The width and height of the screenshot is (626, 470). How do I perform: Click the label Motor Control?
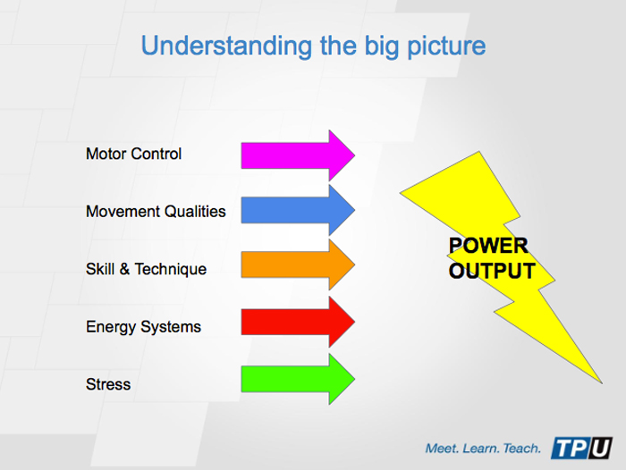pyautogui.click(x=133, y=154)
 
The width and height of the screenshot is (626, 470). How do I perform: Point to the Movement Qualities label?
pyautogui.click(x=156, y=212)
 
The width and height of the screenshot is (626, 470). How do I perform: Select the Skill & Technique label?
pyautogui.click(x=146, y=269)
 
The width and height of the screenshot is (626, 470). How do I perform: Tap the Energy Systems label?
pyautogui.click(x=143, y=327)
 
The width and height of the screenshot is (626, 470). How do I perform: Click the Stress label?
pyautogui.click(x=108, y=384)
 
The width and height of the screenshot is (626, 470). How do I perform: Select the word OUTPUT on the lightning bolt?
pyautogui.click(x=492, y=271)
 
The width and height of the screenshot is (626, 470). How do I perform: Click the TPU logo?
pyautogui.click(x=581, y=446)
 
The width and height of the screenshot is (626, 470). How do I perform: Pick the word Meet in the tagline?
pyautogui.click(x=443, y=447)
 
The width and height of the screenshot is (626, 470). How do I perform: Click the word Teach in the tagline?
pyautogui.click(x=520, y=447)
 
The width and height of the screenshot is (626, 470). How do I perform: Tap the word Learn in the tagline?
pyautogui.click(x=480, y=447)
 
